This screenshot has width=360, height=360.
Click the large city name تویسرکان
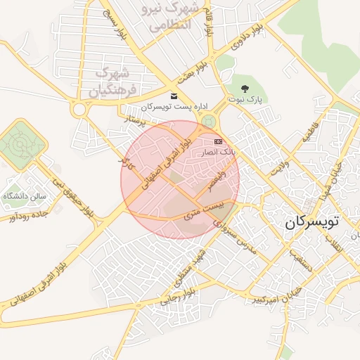pos(311,222)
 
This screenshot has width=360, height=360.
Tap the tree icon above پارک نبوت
pos(244,89)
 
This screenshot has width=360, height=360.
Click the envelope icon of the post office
pos(174,96)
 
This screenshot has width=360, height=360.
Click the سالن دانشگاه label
pos(24,195)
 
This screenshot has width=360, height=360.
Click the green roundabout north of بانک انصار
pos(207,122)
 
